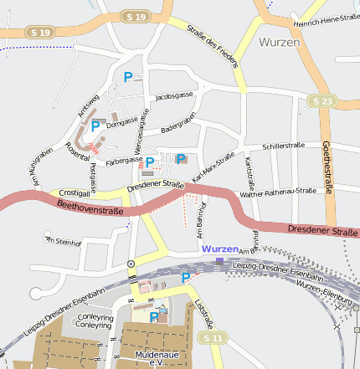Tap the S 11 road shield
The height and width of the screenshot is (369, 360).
(x=213, y=337)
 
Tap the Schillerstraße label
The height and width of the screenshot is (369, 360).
(x=283, y=146)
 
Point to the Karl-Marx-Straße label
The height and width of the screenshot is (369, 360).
(x=213, y=167)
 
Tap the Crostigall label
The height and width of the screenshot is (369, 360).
(x=75, y=192)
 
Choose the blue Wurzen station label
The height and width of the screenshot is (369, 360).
(x=219, y=249)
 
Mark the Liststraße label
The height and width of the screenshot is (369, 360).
(x=203, y=312)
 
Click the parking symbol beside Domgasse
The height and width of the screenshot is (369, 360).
(x=95, y=126)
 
